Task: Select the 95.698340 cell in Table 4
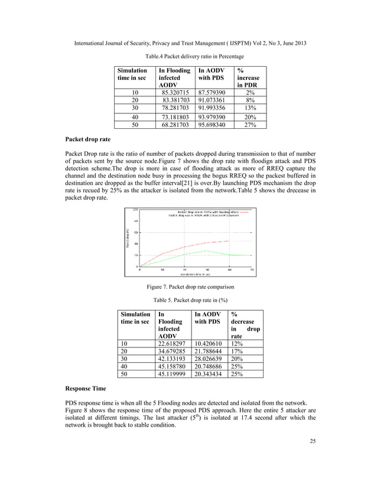tap(212, 125)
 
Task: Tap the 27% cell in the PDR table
tap(249, 125)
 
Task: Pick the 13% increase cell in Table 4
tap(249, 109)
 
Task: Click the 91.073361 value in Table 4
tap(212, 100)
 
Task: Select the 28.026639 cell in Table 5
tap(210, 357)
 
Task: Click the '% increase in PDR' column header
tap(248, 77)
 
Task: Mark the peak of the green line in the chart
tap(206, 250)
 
